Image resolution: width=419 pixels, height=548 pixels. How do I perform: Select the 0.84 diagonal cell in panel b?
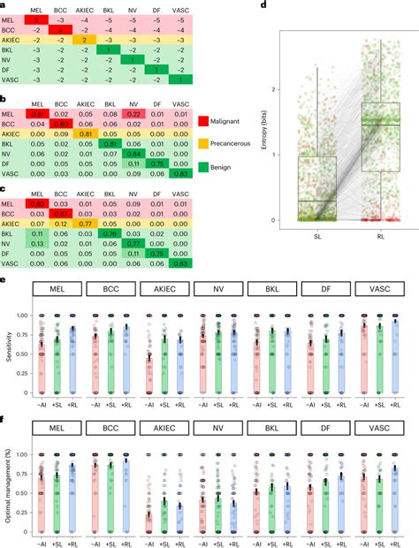pyautogui.click(x=133, y=153)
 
